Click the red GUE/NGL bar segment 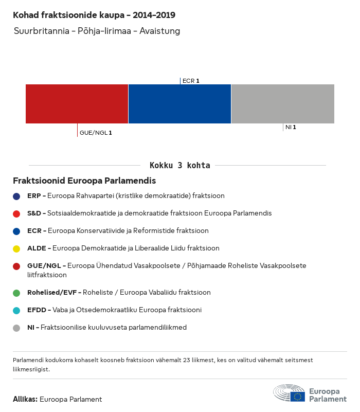(77, 104)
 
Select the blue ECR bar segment (179, 104)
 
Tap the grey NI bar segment (283, 104)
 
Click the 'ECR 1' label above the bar (191, 81)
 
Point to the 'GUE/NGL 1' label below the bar (96, 133)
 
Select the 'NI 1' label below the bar (291, 127)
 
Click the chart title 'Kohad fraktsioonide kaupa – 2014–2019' (97, 15)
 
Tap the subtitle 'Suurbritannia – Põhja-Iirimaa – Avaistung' (97, 31)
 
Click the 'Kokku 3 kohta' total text (179, 166)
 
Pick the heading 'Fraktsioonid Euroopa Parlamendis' (84, 181)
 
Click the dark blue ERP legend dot (16, 196)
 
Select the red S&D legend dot (16, 213)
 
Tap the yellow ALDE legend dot (16, 248)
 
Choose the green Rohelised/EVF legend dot (16, 293)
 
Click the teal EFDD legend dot (16, 310)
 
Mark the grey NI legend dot (16, 328)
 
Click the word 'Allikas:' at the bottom (25, 399)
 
